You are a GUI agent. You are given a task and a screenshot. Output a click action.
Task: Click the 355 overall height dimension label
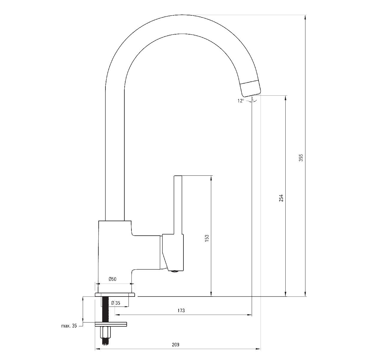(301, 158)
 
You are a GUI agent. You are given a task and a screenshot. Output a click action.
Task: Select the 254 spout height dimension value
(282, 198)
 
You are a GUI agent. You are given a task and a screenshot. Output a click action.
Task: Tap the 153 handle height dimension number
(207, 238)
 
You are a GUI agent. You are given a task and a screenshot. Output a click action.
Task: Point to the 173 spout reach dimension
(181, 310)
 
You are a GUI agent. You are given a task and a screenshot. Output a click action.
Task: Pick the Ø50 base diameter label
(113, 279)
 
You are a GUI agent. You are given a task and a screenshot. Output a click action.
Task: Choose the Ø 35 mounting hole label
(116, 303)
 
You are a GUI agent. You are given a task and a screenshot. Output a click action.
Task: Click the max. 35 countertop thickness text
(69, 326)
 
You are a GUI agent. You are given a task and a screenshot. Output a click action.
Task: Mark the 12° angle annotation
(240, 101)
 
